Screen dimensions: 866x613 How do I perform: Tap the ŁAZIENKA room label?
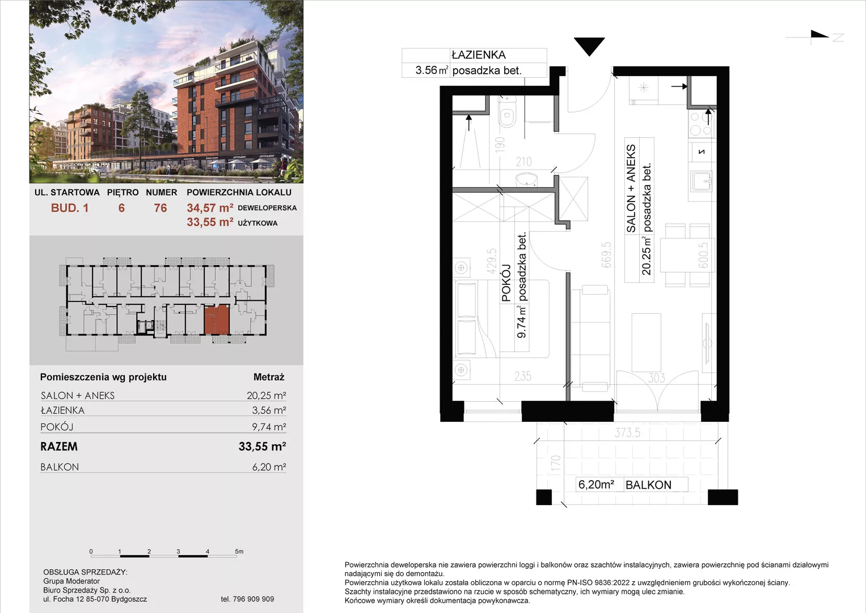click(x=479, y=55)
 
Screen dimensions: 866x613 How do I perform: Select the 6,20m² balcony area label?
click(x=596, y=484)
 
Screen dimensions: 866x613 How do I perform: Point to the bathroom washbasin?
click(x=526, y=180)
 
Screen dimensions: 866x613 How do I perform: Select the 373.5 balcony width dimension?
click(x=627, y=433)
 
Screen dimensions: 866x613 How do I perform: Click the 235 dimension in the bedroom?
click(x=523, y=376)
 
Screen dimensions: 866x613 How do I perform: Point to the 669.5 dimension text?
click(x=606, y=255)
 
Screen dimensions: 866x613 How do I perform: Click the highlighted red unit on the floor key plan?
click(x=217, y=319)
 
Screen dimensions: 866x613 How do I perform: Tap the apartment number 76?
click(x=160, y=208)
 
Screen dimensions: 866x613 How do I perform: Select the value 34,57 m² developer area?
click(x=210, y=208)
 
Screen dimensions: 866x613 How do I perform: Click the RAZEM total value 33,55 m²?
click(x=262, y=446)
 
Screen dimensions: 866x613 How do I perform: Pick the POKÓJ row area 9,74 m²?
click(x=269, y=426)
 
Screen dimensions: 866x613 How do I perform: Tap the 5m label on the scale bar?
click(x=239, y=551)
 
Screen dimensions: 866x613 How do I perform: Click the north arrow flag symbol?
click(x=819, y=35)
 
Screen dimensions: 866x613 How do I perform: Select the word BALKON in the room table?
click(x=60, y=467)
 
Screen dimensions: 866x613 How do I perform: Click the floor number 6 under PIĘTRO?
click(x=121, y=208)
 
